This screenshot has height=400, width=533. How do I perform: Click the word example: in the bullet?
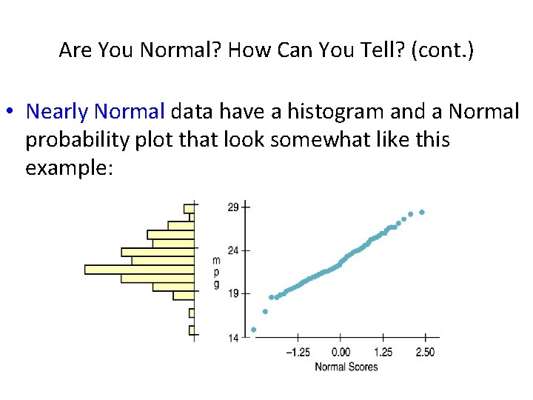tap(69, 167)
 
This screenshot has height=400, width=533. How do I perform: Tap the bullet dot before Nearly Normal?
tap(10, 113)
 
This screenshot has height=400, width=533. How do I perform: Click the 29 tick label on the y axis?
tap(233, 207)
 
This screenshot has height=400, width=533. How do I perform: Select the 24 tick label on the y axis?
tap(233, 250)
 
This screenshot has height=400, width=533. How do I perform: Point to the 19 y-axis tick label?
tap(233, 294)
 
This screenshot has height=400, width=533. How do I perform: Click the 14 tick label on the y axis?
tap(233, 338)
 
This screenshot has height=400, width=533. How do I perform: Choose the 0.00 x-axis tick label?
tap(341, 352)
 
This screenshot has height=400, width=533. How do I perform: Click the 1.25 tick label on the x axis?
tap(383, 352)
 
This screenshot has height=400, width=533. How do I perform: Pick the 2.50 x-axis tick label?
tap(426, 352)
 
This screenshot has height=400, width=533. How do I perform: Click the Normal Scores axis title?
tap(346, 367)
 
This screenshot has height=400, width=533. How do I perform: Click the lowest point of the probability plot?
tap(254, 330)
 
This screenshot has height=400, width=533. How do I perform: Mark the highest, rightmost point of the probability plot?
tap(422, 213)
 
